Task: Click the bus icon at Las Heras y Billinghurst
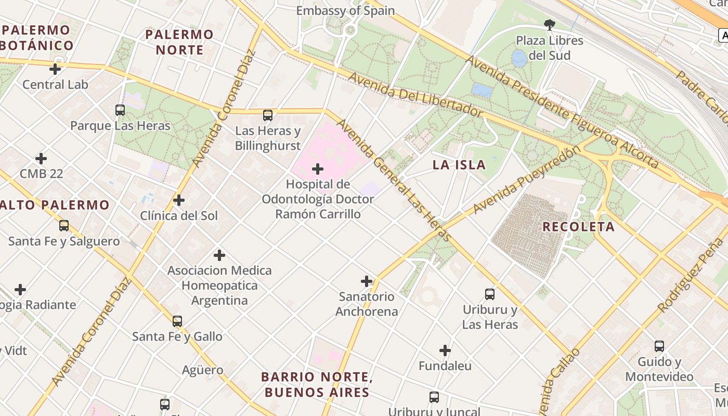coord(268,115)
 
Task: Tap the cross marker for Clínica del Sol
coord(179,200)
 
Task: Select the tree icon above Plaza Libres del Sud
coord(549,24)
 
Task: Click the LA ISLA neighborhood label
coord(460,165)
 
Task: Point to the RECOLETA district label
coord(578,227)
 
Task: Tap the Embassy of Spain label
coord(345,10)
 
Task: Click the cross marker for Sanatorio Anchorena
coord(367,281)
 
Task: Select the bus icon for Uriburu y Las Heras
coord(490,294)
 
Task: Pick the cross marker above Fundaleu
coord(445,350)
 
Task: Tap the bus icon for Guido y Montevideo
coord(659,346)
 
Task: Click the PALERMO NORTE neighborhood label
coord(179,42)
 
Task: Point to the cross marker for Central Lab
coord(55,69)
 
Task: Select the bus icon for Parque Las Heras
coord(120,110)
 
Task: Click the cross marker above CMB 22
coord(41,159)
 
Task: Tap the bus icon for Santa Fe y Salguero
coord(64,226)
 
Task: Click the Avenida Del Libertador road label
coord(415,94)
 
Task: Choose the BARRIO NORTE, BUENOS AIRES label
coord(317,384)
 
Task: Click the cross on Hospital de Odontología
coord(318,169)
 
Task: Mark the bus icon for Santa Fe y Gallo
coord(177,321)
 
